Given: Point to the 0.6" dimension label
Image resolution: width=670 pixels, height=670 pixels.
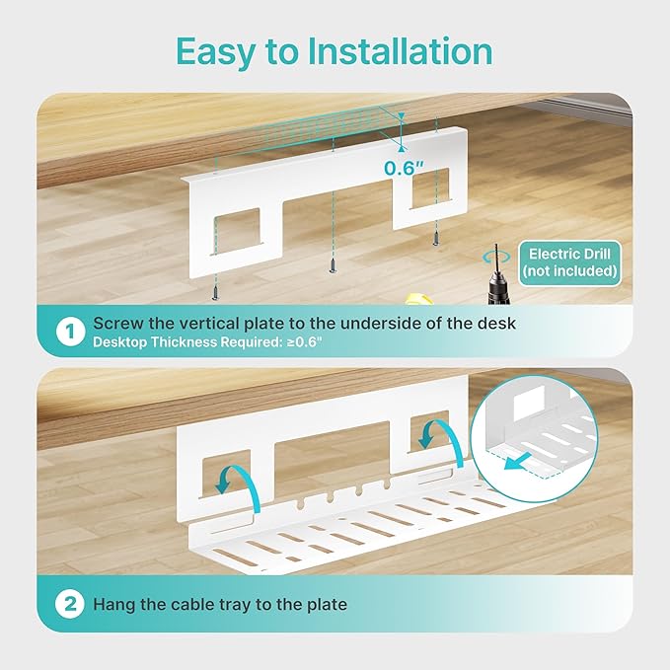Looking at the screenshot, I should (405, 168).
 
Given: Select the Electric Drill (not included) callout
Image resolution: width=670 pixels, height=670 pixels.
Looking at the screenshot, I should (570, 261).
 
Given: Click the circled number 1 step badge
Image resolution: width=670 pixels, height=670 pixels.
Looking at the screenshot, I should (69, 333).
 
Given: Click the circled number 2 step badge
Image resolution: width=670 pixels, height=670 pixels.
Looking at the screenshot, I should (69, 603).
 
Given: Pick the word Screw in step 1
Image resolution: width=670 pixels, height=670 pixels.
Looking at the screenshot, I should (116, 323).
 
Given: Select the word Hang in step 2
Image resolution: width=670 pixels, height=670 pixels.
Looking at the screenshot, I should (114, 603).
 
